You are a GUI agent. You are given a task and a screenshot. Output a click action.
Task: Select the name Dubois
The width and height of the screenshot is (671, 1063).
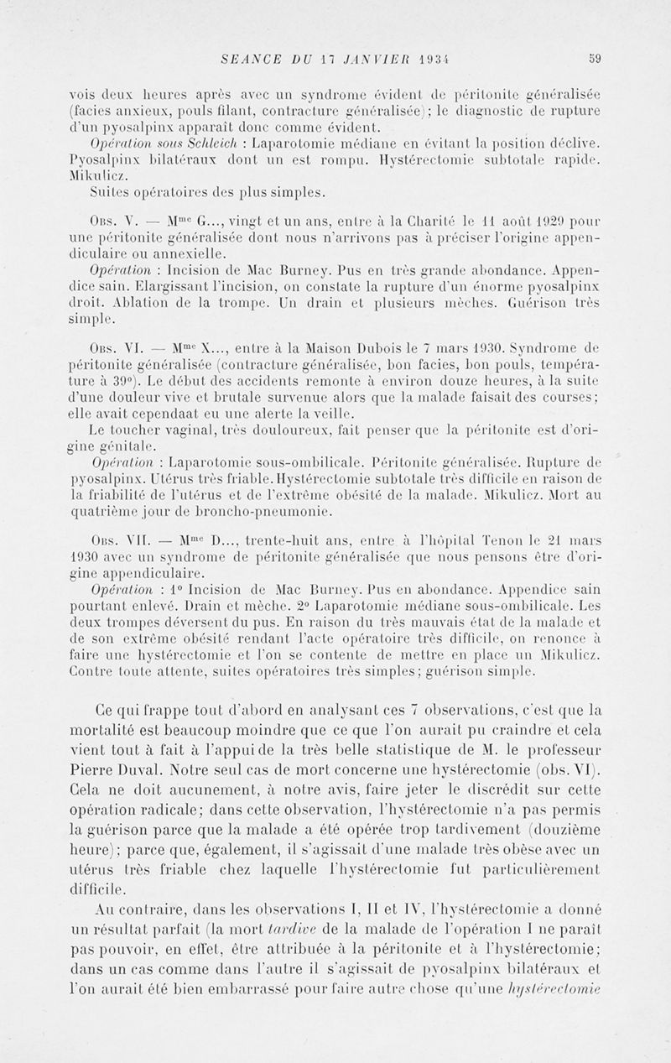point(377,347)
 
